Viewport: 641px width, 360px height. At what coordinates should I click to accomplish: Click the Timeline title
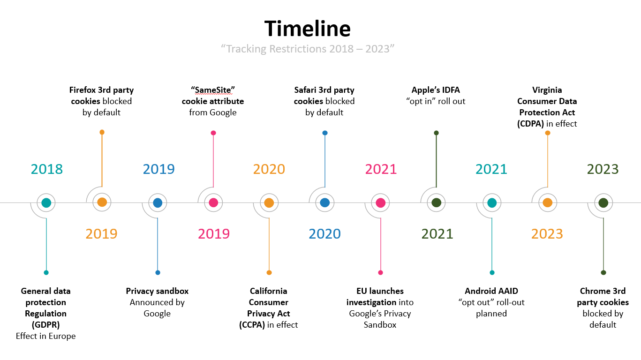[x=307, y=28]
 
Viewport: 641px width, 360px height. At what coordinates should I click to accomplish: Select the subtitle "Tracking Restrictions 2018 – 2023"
[x=308, y=49]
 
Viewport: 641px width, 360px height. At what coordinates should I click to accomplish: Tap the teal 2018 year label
[x=46, y=169]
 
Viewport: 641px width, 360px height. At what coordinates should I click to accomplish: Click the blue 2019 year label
[x=159, y=169]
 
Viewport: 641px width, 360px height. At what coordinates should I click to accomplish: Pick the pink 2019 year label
[x=214, y=233]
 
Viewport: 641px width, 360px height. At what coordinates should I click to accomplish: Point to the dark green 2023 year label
[x=603, y=169]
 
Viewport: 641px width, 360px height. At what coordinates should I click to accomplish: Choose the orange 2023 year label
[x=547, y=233]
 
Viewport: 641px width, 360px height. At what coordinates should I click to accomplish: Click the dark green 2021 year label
[x=437, y=233]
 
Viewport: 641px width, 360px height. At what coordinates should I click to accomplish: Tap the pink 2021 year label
[x=381, y=169]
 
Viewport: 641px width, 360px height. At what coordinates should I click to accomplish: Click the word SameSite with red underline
[x=212, y=90]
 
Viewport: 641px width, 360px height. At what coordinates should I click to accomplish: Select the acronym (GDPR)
[x=46, y=325]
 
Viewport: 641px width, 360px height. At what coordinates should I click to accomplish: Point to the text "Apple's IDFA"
[x=436, y=90]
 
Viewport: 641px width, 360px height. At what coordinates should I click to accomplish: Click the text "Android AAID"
[x=491, y=291]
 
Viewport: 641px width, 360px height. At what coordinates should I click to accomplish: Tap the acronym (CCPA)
[x=252, y=325]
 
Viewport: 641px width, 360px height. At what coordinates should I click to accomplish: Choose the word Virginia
[x=547, y=90]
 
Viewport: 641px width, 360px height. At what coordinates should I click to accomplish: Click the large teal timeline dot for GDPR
[x=46, y=202]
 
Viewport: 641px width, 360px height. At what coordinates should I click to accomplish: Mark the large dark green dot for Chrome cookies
[x=603, y=202]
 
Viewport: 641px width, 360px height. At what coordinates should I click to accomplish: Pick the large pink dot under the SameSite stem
[x=213, y=202]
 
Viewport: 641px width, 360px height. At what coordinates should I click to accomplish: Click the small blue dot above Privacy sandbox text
[x=158, y=272]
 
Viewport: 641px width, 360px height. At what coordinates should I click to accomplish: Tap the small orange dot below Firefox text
[x=102, y=132]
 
